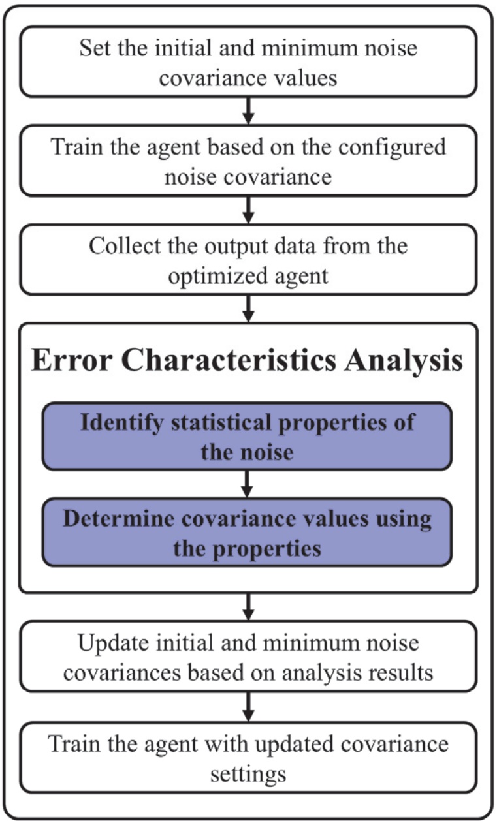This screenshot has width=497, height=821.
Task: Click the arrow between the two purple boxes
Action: tap(248, 483)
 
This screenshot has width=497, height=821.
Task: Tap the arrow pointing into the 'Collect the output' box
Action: tap(248, 209)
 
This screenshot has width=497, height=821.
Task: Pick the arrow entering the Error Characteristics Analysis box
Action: tap(248, 309)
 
